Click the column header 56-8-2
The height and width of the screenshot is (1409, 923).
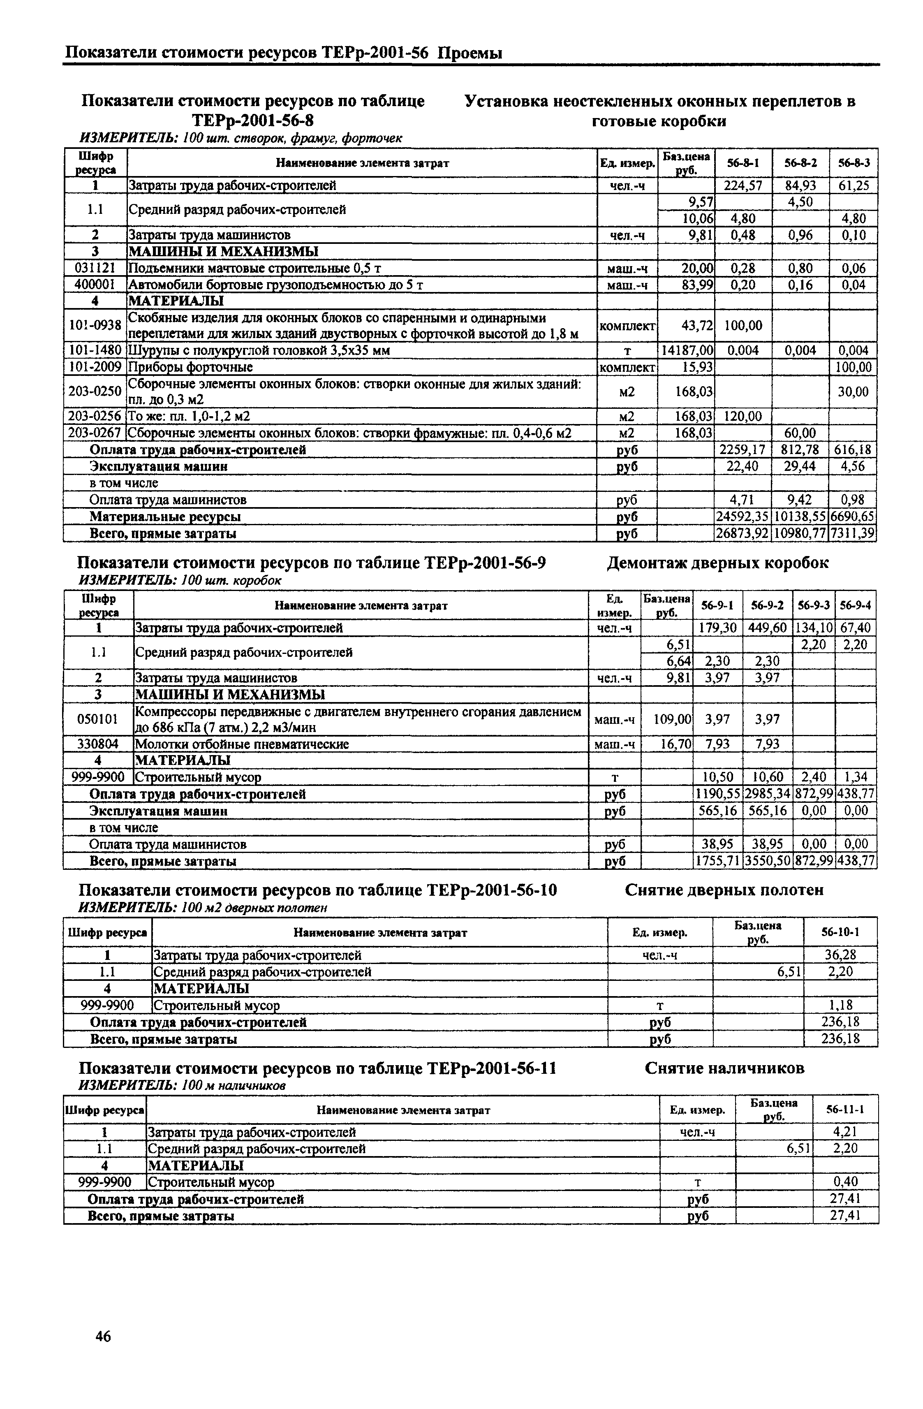[x=800, y=163]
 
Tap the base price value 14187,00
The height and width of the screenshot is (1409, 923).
[x=686, y=350]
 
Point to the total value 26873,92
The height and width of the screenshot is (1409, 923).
[x=743, y=533]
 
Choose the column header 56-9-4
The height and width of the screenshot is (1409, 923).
[x=855, y=605]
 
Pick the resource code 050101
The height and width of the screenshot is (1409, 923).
[x=97, y=719]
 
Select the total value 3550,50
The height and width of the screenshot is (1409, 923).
[x=768, y=861]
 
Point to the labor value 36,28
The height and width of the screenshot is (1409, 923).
[x=840, y=955]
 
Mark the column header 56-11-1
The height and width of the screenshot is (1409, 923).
[x=845, y=1110]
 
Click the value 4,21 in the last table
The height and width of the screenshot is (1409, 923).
[x=845, y=1132]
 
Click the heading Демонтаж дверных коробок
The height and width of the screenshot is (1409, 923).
[x=717, y=563]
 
